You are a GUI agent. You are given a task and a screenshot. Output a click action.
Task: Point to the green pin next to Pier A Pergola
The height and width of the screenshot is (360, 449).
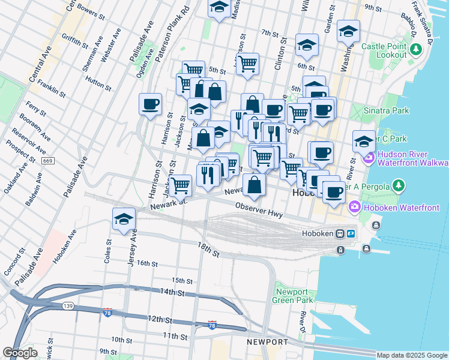(397, 185)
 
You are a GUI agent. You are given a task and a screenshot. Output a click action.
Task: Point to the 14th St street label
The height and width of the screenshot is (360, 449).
(172, 292)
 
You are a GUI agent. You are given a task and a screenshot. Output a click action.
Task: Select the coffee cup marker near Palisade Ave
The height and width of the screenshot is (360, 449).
(150, 104)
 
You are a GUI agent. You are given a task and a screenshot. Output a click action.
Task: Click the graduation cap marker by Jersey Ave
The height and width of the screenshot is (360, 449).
(124, 219)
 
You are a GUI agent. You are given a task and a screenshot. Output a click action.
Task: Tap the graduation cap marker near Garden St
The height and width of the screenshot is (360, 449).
(348, 31)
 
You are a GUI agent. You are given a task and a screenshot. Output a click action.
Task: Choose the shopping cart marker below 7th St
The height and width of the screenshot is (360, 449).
(247, 63)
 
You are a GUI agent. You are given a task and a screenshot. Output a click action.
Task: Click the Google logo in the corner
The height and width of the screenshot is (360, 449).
(20, 353)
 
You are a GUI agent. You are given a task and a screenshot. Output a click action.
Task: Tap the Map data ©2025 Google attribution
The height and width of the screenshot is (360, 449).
(412, 355)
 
